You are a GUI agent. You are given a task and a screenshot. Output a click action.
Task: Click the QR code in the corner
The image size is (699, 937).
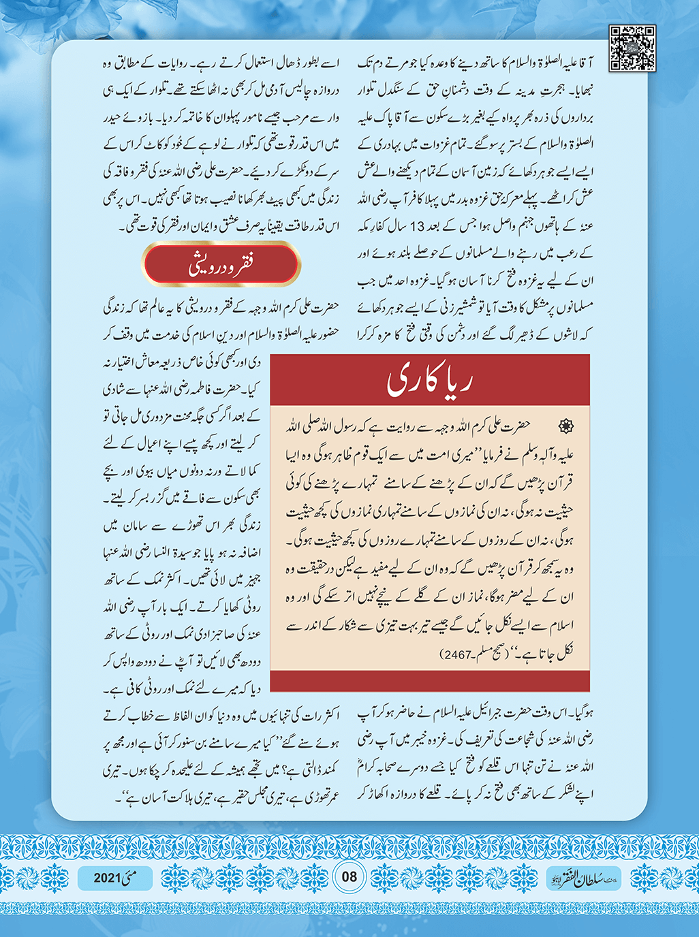632,48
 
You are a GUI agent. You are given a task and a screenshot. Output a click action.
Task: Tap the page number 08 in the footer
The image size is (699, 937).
349,876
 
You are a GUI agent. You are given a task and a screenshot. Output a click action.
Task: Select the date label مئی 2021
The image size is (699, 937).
115,878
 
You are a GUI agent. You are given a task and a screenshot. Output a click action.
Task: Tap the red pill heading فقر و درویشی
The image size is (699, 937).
221,264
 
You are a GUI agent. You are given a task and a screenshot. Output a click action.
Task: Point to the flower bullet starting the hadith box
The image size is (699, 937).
566,426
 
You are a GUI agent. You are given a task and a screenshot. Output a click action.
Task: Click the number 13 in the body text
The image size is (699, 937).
418,226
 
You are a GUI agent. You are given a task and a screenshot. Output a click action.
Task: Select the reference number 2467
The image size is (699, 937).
459,654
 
